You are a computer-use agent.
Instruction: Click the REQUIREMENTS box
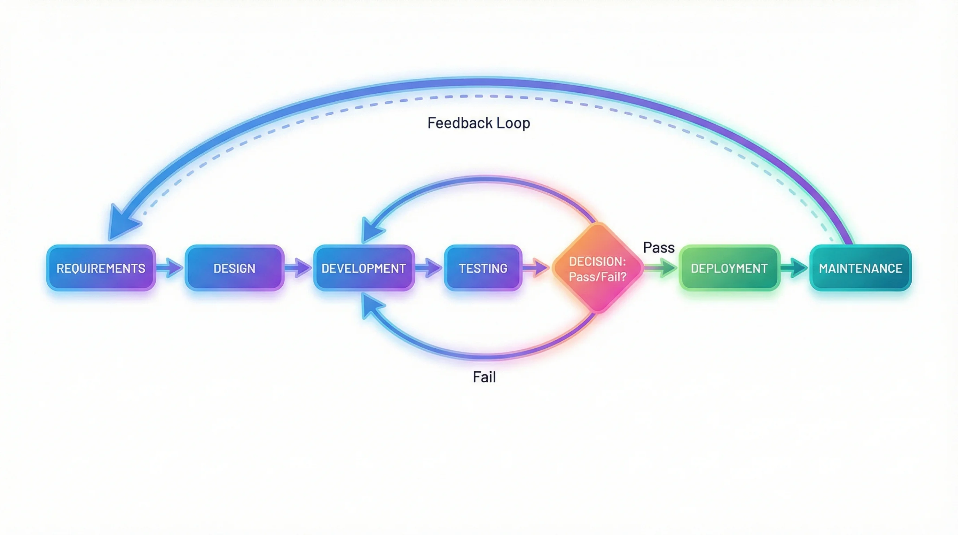point(101,268)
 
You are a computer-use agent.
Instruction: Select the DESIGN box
point(234,268)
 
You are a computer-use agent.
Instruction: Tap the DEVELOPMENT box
point(363,268)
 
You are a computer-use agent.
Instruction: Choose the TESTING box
point(483,268)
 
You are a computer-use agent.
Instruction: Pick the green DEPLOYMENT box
point(729,268)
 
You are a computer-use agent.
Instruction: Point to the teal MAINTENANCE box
point(860,268)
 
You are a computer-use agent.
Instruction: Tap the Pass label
point(659,248)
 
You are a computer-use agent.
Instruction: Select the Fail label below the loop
point(484,377)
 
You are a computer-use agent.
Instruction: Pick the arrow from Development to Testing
point(429,268)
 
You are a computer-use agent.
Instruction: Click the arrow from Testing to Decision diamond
point(536,268)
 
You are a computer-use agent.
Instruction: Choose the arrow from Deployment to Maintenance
point(794,268)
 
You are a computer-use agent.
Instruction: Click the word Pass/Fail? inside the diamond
point(598,277)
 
